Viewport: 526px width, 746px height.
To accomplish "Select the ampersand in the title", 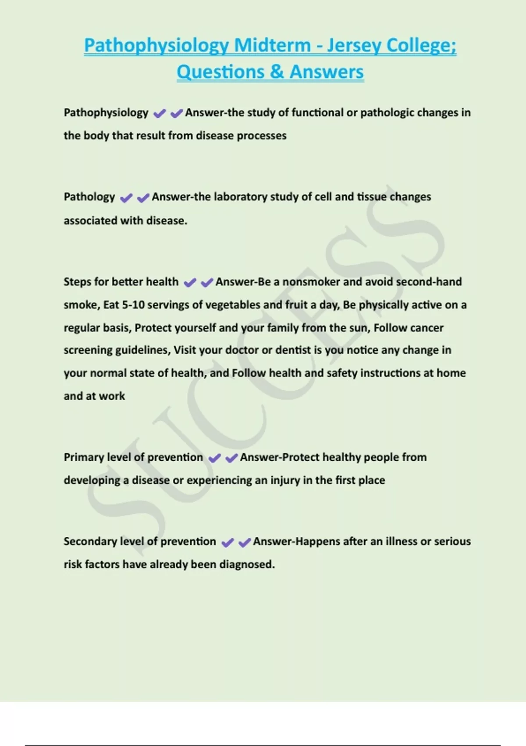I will tap(277, 72).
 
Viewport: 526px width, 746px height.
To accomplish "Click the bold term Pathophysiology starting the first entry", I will tap(106, 113).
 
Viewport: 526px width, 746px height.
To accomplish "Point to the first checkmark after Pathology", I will tap(126, 198).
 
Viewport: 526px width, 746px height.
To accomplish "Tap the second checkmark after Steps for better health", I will tap(207, 283).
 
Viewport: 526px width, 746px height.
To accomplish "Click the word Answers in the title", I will tap(327, 72).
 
